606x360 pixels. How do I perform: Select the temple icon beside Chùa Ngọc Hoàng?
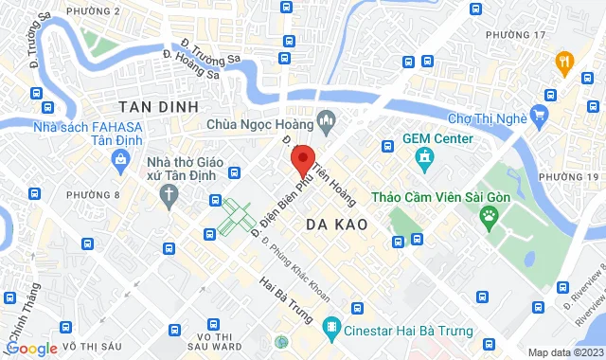328,120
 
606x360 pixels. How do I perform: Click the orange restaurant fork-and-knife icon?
565,63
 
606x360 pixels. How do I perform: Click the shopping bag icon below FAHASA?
122,161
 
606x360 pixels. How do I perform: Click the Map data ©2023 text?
564,352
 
